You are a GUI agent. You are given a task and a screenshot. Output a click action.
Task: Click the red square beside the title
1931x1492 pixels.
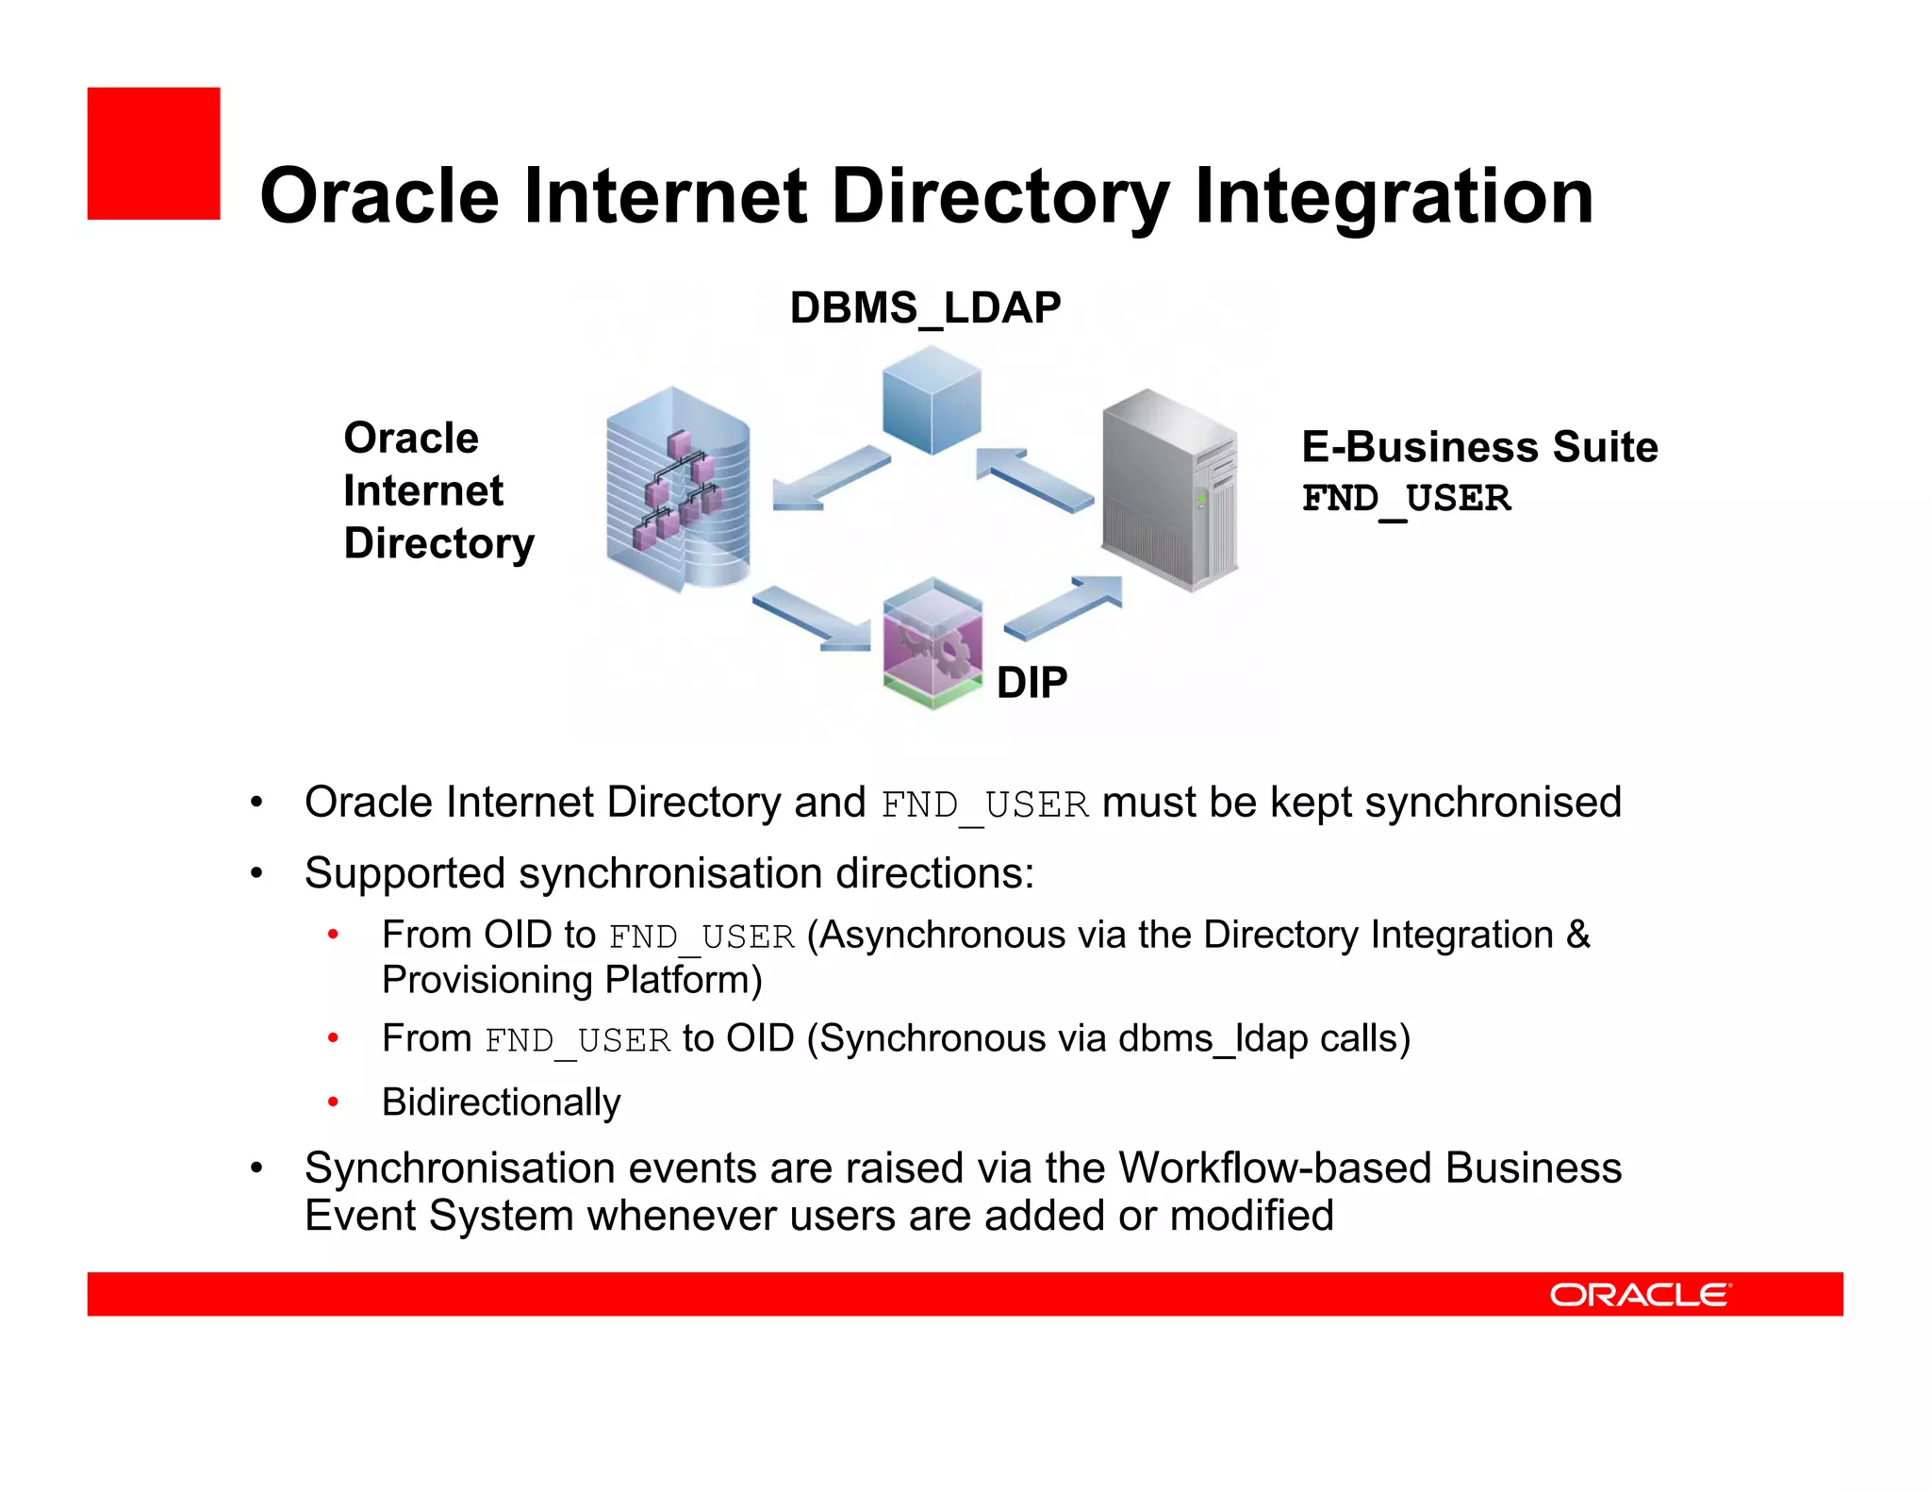click(154, 154)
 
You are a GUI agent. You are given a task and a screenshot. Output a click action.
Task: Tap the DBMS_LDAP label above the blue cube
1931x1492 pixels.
click(925, 308)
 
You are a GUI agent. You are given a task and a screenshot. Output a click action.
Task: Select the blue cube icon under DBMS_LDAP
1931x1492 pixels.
click(932, 400)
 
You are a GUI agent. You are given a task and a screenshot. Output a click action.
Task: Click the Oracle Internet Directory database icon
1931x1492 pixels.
click(678, 489)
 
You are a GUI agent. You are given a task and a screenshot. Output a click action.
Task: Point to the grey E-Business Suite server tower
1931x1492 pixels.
click(1169, 489)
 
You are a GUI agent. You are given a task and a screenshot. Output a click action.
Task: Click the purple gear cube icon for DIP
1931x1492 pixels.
click(932, 643)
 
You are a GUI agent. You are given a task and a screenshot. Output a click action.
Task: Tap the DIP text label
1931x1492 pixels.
click(1032, 682)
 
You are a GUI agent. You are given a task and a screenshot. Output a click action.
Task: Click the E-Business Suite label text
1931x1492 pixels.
click(1479, 447)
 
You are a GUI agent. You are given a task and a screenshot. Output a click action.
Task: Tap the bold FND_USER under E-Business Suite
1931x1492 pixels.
click(1406, 498)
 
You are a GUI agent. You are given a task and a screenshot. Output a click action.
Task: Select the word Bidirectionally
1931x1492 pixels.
click(502, 1102)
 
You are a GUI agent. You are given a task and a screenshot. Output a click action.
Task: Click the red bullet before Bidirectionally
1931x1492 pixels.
click(333, 1102)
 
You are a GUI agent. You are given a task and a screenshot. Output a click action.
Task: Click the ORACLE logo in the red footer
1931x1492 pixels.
click(1640, 1294)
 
